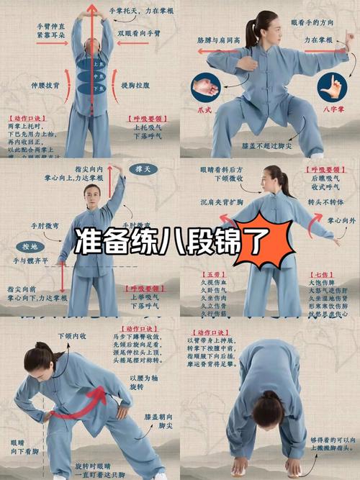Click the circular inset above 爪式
point(205,89)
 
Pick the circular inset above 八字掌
point(332,86)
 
